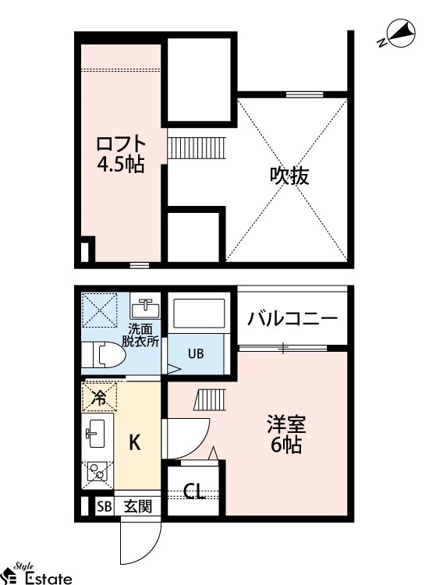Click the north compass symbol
(x=399, y=34)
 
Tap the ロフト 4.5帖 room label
(x=120, y=154)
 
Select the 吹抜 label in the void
(x=289, y=175)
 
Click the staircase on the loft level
(x=197, y=147)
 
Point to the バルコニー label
(x=292, y=318)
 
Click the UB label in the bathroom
(x=196, y=353)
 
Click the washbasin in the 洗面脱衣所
(x=145, y=309)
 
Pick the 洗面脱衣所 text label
(x=140, y=335)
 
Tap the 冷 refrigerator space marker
(x=99, y=399)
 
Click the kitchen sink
(x=96, y=433)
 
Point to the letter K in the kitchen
(x=135, y=442)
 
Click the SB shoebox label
(x=105, y=507)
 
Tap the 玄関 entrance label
(x=138, y=506)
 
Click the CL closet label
(x=194, y=491)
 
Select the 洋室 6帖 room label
(x=286, y=434)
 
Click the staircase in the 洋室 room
(x=210, y=400)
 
